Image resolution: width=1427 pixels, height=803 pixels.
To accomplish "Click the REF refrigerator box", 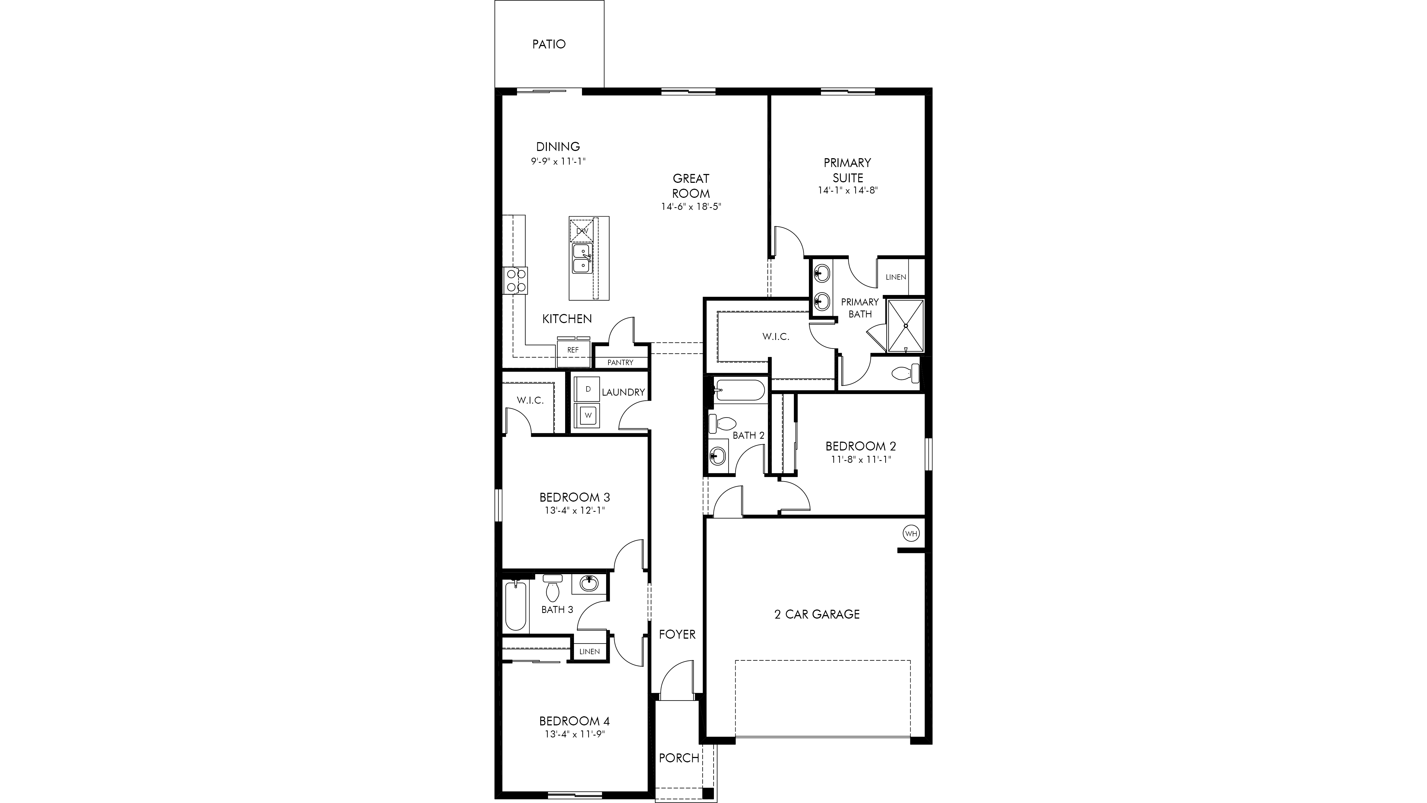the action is (573, 350).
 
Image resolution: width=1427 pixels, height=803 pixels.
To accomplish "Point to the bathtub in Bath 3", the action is (516, 605).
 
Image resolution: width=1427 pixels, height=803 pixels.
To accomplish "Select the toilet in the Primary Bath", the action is (905, 374).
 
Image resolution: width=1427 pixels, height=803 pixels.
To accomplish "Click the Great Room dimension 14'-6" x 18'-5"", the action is (691, 207).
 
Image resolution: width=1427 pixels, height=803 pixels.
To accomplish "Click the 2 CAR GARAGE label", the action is (817, 614).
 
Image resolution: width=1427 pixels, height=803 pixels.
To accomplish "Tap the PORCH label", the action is (679, 757).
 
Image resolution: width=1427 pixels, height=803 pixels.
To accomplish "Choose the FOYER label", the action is (677, 634).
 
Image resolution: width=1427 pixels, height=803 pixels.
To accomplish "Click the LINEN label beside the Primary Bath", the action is (896, 277).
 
